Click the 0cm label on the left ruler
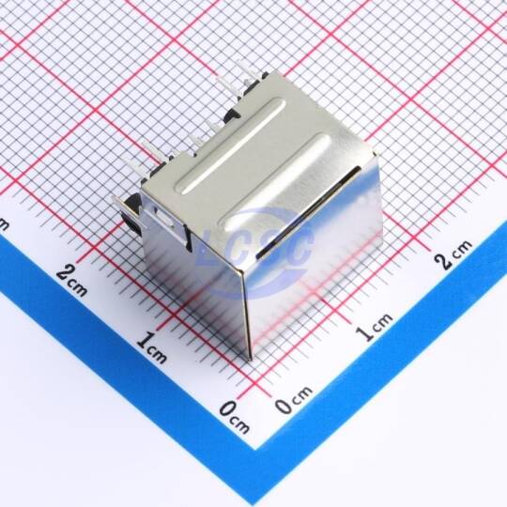234,417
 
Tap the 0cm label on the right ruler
294,400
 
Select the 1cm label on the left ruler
151,347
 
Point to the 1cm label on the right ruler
374,328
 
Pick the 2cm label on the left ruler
71,281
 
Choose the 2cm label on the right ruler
453,255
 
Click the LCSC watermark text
255,248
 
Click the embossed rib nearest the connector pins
230,146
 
